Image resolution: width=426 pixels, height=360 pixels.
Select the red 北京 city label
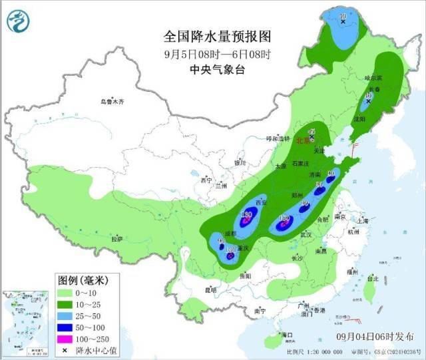tap(303, 140)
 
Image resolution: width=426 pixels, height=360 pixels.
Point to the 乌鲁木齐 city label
tap(112, 102)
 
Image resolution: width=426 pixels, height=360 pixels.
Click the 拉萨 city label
tap(117, 238)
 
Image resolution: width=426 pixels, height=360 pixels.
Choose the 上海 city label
tap(362, 221)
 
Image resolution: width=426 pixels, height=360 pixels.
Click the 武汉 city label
tap(306, 234)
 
